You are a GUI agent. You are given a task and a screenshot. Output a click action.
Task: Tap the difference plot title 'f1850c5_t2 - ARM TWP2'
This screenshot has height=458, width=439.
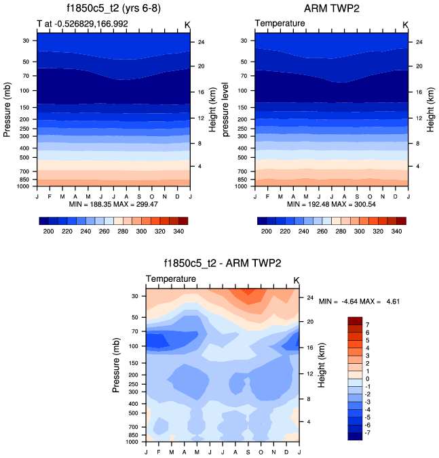tap(223, 265)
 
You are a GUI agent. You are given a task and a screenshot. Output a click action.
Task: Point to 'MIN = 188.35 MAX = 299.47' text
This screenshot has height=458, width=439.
tap(113, 203)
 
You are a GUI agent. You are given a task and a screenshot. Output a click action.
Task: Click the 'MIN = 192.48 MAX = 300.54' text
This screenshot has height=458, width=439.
tap(331, 203)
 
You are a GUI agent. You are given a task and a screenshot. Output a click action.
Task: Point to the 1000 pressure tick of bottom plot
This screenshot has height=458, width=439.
tap(133, 442)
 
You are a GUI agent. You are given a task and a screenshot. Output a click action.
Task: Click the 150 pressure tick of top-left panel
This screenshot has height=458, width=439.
tap(27, 107)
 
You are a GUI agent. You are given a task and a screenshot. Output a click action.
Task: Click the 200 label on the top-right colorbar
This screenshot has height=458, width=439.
tap(267, 232)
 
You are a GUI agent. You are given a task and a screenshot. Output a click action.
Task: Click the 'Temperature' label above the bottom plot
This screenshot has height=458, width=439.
tap(171, 279)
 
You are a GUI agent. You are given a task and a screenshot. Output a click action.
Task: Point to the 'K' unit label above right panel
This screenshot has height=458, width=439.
tap(406, 24)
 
